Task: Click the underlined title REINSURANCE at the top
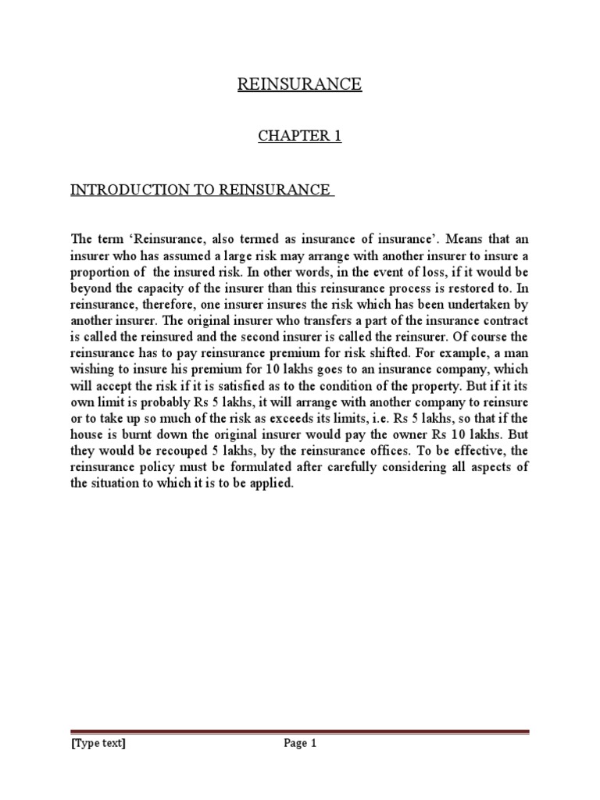point(300,84)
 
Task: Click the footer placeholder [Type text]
point(98,744)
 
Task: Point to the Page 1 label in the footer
point(300,744)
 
